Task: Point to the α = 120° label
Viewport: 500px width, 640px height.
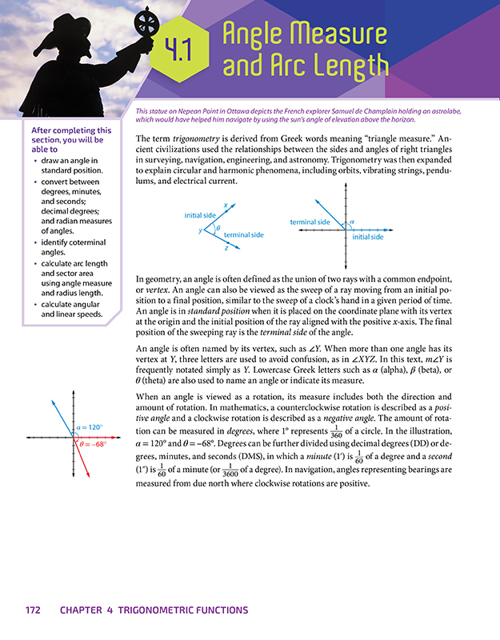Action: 91,427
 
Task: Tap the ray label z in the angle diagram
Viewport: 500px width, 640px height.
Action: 226,249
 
